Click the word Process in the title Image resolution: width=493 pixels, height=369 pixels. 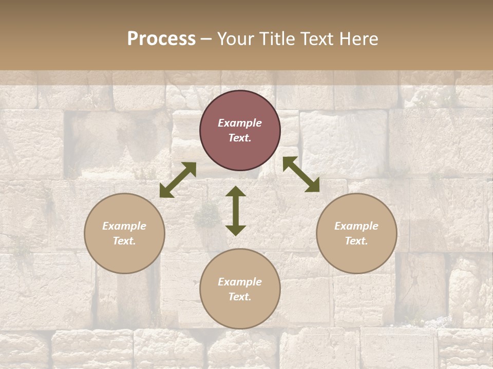[161, 39]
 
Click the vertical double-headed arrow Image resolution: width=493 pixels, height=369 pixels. [236, 211]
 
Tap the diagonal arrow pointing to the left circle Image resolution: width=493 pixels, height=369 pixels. [178, 180]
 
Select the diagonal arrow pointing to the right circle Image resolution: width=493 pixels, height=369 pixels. [301, 174]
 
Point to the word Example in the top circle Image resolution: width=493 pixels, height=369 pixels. [240, 123]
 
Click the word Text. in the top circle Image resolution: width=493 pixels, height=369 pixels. [240, 138]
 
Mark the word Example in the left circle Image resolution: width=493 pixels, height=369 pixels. [124, 226]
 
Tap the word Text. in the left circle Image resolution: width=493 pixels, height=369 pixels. [124, 241]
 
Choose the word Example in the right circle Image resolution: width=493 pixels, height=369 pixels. [356, 226]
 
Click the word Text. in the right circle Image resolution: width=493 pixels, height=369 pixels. [356, 241]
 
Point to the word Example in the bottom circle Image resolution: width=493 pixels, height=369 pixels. [240, 282]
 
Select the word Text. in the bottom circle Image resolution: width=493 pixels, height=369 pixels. [240, 297]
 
